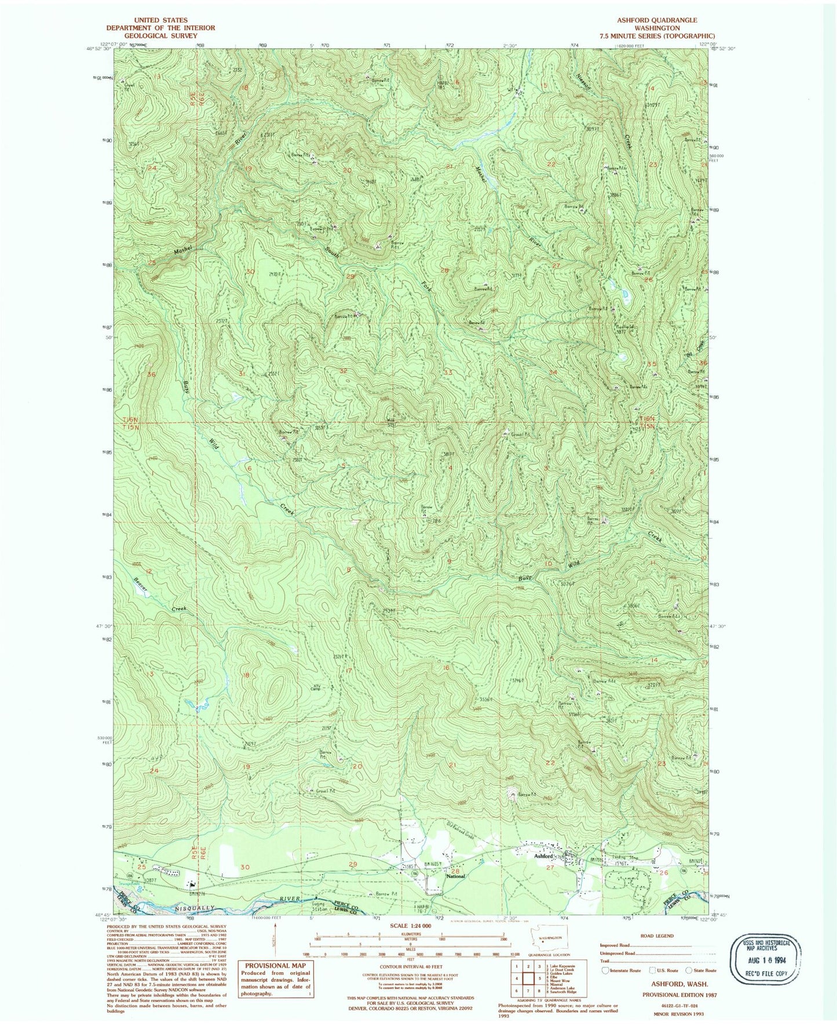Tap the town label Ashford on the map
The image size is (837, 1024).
click(543, 855)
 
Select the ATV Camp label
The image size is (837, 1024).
click(316, 687)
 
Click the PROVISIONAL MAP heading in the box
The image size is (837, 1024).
click(275, 966)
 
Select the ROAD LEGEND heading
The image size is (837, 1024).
click(656, 935)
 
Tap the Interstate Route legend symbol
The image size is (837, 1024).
click(606, 970)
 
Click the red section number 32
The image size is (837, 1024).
click(343, 371)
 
